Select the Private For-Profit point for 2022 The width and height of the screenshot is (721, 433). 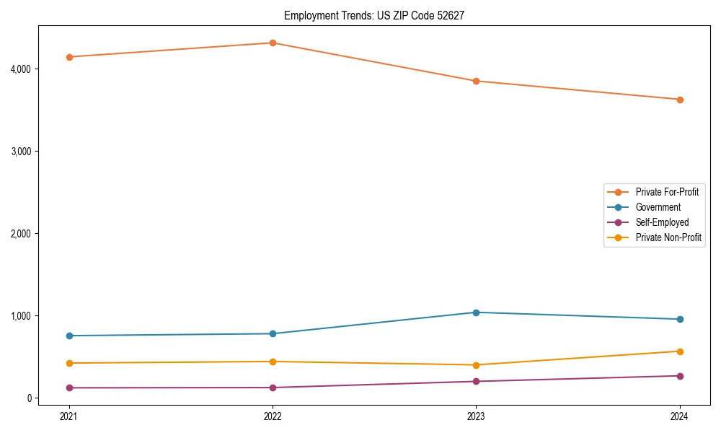coord(273,43)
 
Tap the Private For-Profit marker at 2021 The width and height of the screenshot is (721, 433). coord(69,57)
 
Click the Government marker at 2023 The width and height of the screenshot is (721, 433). coord(476,312)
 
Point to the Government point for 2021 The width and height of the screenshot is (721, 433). coord(69,336)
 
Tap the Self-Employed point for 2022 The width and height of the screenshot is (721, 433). coord(273,388)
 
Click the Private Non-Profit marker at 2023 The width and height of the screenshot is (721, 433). coord(476,365)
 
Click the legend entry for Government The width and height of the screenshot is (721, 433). coord(658,207)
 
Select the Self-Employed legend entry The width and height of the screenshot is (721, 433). coord(662,222)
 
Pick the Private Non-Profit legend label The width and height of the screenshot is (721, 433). coord(668,237)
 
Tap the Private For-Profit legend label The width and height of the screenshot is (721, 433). coord(667,192)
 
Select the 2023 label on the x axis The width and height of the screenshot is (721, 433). coord(476,416)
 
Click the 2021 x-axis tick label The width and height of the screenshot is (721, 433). coord(69,416)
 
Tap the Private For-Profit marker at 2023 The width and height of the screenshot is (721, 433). coord(476,81)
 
